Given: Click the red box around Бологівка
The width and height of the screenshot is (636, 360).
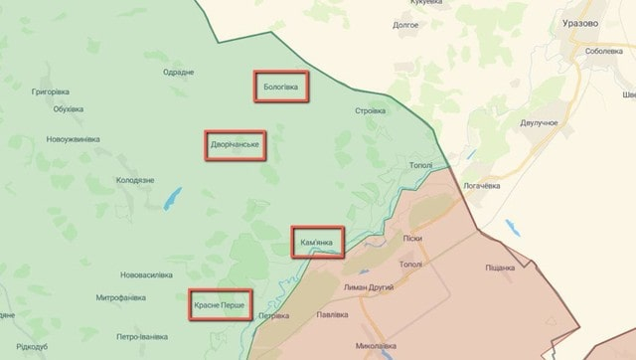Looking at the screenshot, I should coord(280,86).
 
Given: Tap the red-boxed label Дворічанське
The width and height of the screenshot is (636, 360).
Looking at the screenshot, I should coord(236,145).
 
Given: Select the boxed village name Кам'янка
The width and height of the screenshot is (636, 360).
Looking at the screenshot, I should coord(317,242).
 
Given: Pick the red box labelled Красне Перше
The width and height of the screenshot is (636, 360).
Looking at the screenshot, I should coord(219,303).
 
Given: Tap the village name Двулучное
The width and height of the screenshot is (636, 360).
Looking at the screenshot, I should coord(539,122).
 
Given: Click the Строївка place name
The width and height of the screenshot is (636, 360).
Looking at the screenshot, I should coord(371,110).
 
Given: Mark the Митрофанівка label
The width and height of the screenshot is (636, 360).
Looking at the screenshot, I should coord(123,297).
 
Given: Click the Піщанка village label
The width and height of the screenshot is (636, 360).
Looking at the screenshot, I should coord(500,268).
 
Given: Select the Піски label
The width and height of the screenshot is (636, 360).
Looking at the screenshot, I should coord(412,239).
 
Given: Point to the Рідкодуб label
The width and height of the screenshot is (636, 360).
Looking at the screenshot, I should coord(32,346).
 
